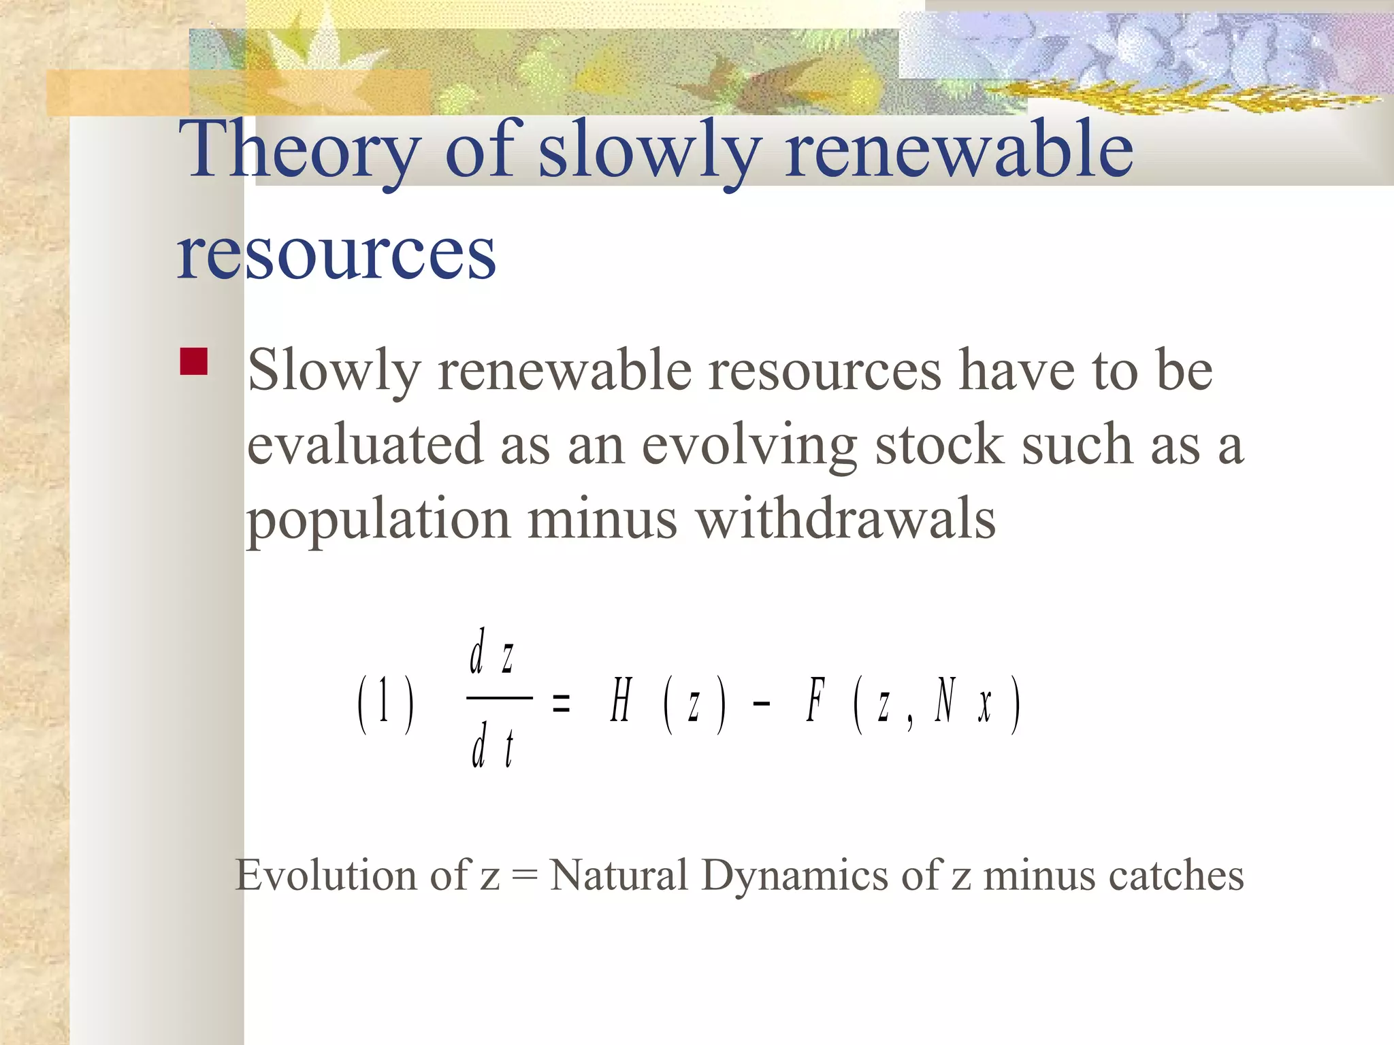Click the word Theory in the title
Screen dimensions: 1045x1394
(x=299, y=151)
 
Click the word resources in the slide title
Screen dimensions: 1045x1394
(x=336, y=253)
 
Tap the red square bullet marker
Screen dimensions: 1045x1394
(x=194, y=362)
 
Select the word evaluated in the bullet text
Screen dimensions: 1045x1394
(x=365, y=444)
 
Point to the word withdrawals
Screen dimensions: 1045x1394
(x=846, y=519)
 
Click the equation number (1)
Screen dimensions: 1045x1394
(x=385, y=703)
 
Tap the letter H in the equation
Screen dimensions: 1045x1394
(x=621, y=701)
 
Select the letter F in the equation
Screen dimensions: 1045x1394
(x=815, y=700)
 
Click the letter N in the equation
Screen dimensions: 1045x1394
(x=945, y=700)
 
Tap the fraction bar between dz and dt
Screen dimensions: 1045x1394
(x=500, y=698)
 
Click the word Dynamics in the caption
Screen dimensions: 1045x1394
(x=794, y=875)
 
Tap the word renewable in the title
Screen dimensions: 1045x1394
(x=958, y=151)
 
